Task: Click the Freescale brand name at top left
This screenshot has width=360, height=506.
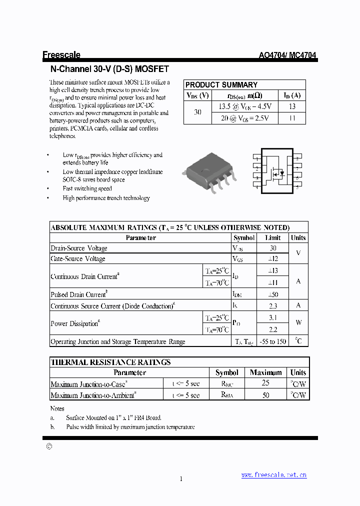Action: tap(61, 55)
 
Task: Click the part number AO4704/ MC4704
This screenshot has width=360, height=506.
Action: tap(287, 56)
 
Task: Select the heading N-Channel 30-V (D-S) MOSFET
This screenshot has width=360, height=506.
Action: tap(110, 69)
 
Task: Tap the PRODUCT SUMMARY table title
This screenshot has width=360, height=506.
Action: tap(221, 85)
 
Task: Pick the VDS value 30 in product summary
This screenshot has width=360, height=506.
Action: tap(197, 112)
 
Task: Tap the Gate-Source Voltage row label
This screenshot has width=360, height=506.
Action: tap(78, 259)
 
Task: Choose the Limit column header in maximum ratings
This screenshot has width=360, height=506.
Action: tap(272, 238)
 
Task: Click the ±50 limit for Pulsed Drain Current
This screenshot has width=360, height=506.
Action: tap(272, 294)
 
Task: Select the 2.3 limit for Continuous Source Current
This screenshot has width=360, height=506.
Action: tap(272, 306)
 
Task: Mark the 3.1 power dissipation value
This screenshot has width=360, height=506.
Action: tap(272, 317)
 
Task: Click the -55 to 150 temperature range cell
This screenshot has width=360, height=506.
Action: tap(272, 342)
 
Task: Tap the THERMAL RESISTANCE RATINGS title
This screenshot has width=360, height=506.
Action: tap(111, 362)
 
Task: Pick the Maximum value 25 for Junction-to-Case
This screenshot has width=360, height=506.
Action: tap(265, 383)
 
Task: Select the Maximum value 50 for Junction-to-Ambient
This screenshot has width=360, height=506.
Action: tap(265, 395)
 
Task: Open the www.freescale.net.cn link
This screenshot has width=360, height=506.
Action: tap(273, 475)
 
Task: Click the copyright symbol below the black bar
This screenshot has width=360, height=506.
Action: tap(48, 447)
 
